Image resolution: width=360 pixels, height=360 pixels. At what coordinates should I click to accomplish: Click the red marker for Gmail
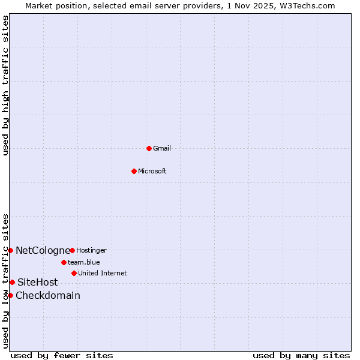[149, 148]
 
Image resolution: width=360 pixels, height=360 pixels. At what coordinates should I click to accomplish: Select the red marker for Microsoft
[134, 171]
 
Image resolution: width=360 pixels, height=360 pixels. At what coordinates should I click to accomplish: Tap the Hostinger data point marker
[72, 250]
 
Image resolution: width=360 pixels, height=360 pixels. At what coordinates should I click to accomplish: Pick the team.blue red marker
[64, 262]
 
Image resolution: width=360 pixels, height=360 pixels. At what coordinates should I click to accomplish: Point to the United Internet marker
[74, 273]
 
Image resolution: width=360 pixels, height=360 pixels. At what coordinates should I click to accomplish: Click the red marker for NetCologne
[10, 250]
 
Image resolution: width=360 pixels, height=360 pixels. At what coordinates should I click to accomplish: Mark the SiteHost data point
[12, 282]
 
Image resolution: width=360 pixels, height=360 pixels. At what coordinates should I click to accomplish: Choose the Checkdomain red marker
[10, 295]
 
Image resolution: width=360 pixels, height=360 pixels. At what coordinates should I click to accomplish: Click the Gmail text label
[162, 148]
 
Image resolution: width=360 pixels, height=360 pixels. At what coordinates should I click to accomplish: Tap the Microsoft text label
[152, 171]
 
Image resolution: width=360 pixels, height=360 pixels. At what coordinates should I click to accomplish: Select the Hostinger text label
[91, 250]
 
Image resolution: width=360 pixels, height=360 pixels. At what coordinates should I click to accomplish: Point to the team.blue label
[84, 262]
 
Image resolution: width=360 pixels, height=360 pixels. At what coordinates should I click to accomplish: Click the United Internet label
[102, 273]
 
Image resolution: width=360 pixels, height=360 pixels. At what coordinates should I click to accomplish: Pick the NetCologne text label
[43, 250]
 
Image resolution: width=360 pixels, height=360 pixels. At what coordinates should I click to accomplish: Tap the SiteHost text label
[38, 282]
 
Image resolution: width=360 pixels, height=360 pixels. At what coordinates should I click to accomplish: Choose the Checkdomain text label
[48, 295]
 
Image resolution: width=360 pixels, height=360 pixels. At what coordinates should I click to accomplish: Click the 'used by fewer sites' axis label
[62, 355]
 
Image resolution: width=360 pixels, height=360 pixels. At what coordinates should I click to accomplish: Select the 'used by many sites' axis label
[301, 355]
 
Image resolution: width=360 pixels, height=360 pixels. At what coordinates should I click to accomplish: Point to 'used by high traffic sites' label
[5, 86]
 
